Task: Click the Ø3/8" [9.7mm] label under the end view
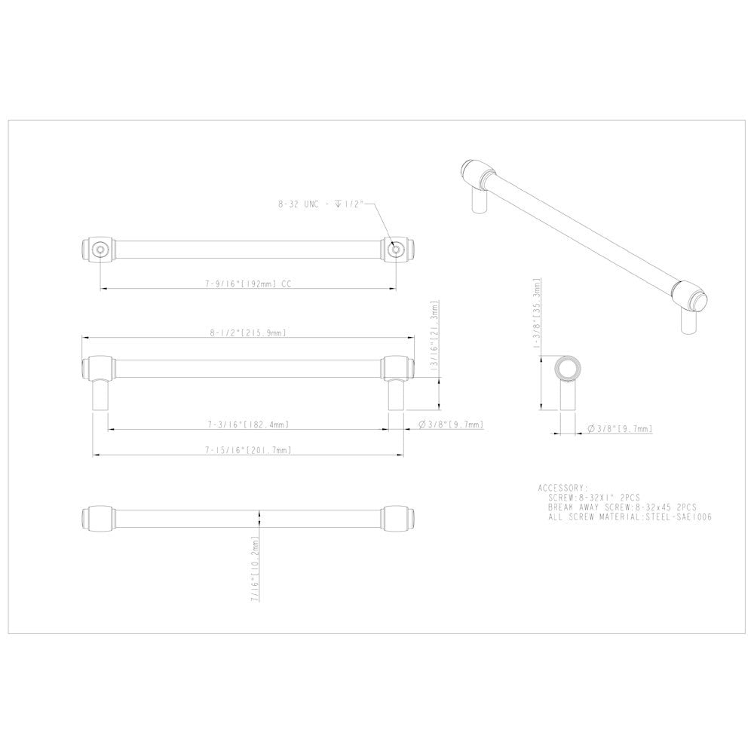620,429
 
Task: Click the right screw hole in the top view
394,248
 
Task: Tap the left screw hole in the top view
100,248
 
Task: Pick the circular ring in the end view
567,368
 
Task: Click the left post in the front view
100,394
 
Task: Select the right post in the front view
394,394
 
